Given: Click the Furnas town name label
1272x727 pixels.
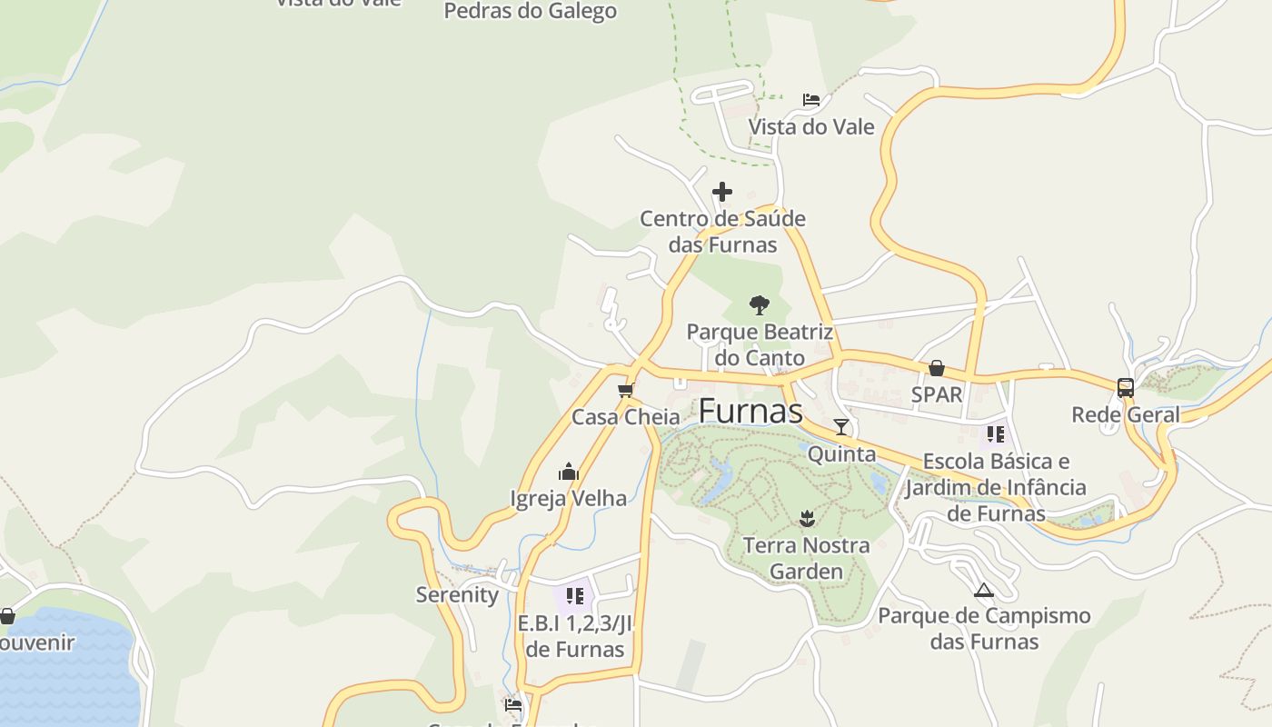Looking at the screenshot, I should coord(750,411).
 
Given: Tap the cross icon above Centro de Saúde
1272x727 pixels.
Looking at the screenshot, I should coord(722,192).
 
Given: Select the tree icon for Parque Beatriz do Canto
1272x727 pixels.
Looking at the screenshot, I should coord(760,304).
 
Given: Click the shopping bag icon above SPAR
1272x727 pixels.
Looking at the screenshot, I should coord(937,368).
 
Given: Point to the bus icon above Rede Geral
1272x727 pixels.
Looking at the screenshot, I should coord(1126,388).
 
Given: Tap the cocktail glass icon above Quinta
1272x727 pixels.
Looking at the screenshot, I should coord(841,426).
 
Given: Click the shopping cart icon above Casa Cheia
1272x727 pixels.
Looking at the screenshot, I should coord(625,391).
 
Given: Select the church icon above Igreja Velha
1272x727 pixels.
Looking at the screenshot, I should coord(569,472).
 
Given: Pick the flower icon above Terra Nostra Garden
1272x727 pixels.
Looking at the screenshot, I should coord(806,519).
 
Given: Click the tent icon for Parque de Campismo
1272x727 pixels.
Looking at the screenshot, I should coord(984,590).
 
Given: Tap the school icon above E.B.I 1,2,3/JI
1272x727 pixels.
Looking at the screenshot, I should coord(574,596).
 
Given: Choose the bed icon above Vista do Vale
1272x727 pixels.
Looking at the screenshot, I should coord(811,100).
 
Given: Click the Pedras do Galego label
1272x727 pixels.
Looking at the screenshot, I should coord(531,11).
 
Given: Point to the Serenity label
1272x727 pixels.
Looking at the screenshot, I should coord(457,595).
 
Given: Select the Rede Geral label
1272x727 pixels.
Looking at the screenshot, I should coord(1126,414).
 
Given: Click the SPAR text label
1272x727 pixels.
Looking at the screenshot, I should coord(937,394).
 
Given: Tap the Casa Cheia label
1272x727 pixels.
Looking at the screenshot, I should coord(625,417).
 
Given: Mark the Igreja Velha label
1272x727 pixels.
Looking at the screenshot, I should coord(569,498).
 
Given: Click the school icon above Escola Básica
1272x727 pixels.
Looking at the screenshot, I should coord(996,434).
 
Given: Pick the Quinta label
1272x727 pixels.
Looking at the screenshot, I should coord(841,453).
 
